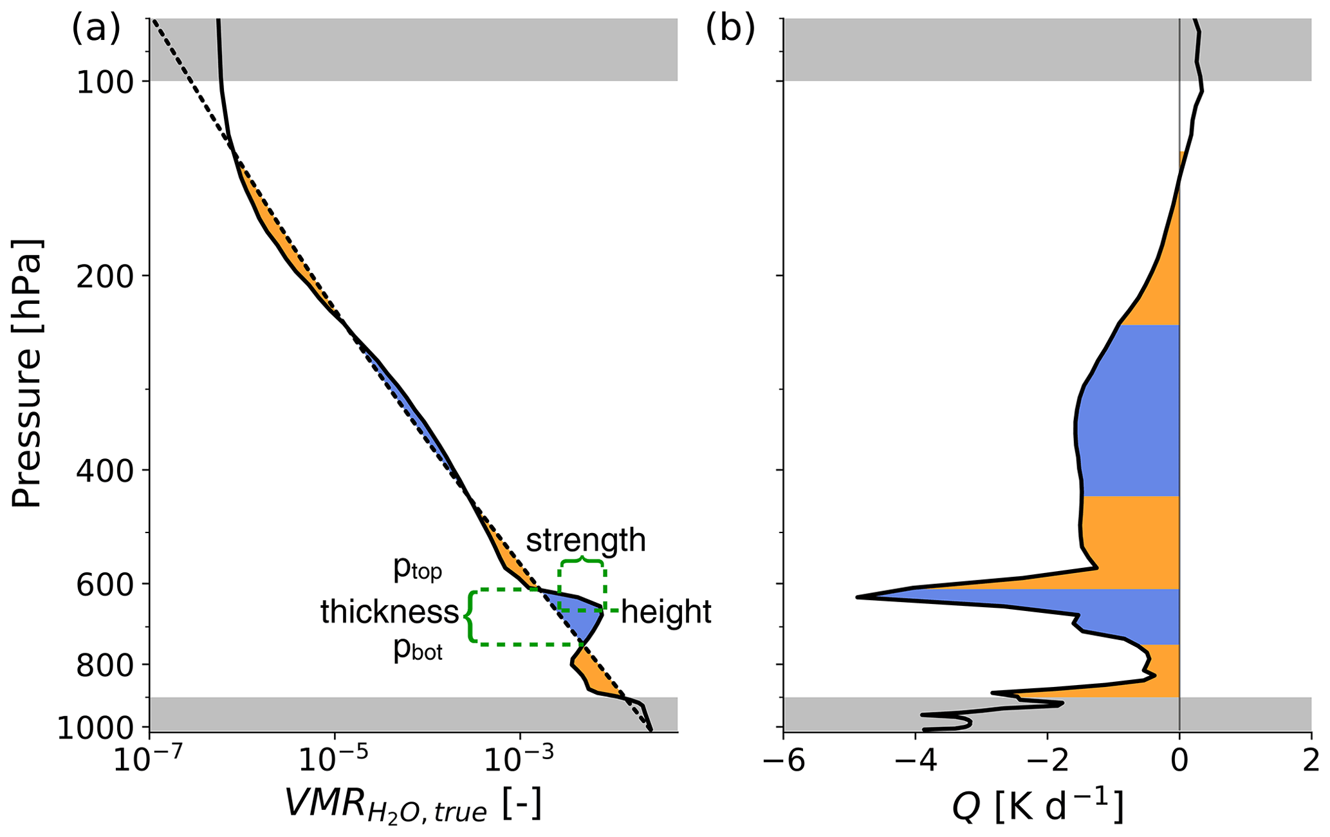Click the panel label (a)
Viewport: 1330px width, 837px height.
[x=96, y=29]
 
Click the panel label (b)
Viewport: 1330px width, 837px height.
[x=730, y=29]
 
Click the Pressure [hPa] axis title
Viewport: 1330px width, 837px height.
[x=27, y=373]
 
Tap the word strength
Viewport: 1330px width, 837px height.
[x=586, y=540]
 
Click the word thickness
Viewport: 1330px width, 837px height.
[x=389, y=612]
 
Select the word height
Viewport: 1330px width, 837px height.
[x=666, y=612]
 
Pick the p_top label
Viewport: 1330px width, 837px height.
[x=418, y=569]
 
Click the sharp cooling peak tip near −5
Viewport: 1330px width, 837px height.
[x=858, y=597]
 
